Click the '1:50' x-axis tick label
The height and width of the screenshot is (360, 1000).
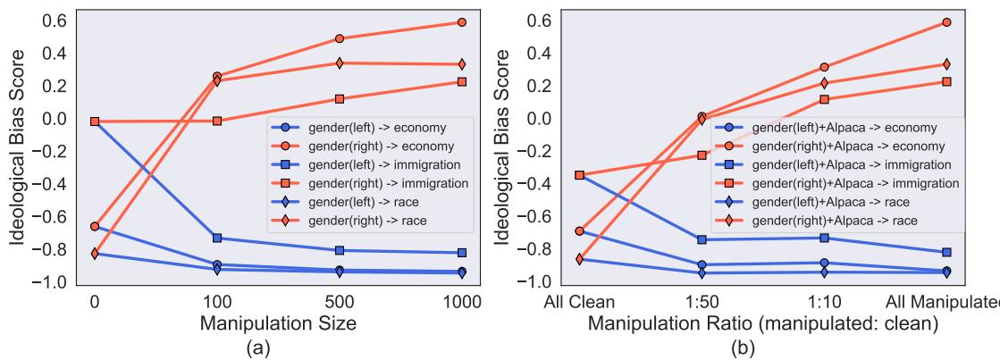pyautogui.click(x=702, y=302)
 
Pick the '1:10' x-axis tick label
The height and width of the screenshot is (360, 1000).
pyautogui.click(x=823, y=302)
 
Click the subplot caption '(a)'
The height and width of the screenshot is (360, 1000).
pyautogui.click(x=278, y=348)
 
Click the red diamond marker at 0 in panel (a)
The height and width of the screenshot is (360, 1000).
pyautogui.click(x=95, y=253)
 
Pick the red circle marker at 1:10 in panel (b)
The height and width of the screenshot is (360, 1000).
pyautogui.click(x=824, y=67)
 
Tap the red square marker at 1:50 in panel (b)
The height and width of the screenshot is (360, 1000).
pyautogui.click(x=702, y=155)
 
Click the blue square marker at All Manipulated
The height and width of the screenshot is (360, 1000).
pyautogui.click(x=945, y=253)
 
